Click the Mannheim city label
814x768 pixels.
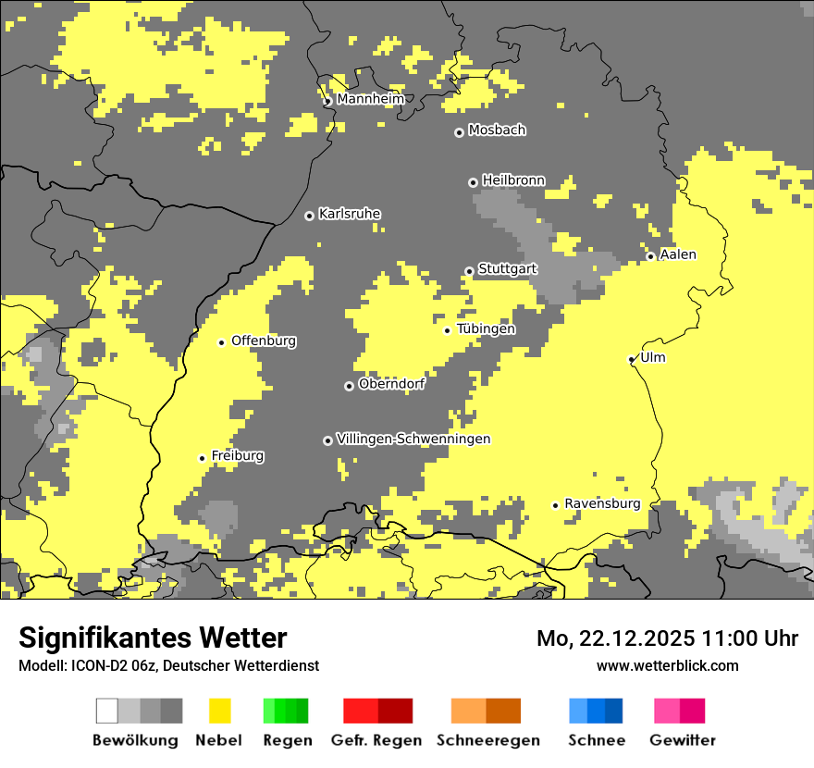(369, 99)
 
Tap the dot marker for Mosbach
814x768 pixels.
(459, 132)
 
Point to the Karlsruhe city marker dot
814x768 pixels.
(309, 216)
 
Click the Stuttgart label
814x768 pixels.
(507, 269)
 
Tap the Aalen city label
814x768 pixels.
(678, 254)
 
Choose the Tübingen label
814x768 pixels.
(486, 329)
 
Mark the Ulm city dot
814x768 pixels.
(631, 359)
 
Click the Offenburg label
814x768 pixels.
(264, 341)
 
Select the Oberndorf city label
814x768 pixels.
(391, 384)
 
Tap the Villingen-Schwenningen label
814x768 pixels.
(413, 439)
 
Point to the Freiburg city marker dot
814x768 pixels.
(202, 458)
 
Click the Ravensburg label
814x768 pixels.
(602, 504)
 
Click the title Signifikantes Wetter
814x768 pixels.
(153, 638)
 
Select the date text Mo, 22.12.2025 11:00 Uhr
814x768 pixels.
(667, 638)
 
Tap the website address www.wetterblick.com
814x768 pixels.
(667, 665)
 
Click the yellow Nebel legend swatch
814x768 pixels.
(219, 711)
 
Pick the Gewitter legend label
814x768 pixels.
(682, 740)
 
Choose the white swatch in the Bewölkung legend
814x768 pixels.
(107, 711)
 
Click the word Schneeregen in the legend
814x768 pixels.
(487, 740)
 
